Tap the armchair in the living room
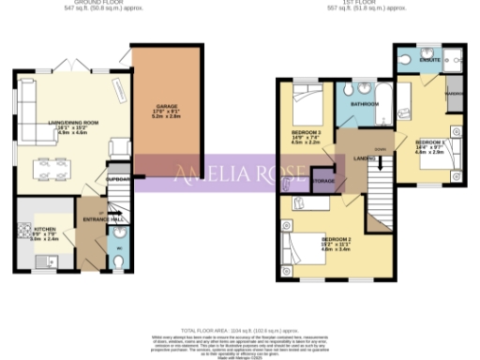118,148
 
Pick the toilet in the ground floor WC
116,262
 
